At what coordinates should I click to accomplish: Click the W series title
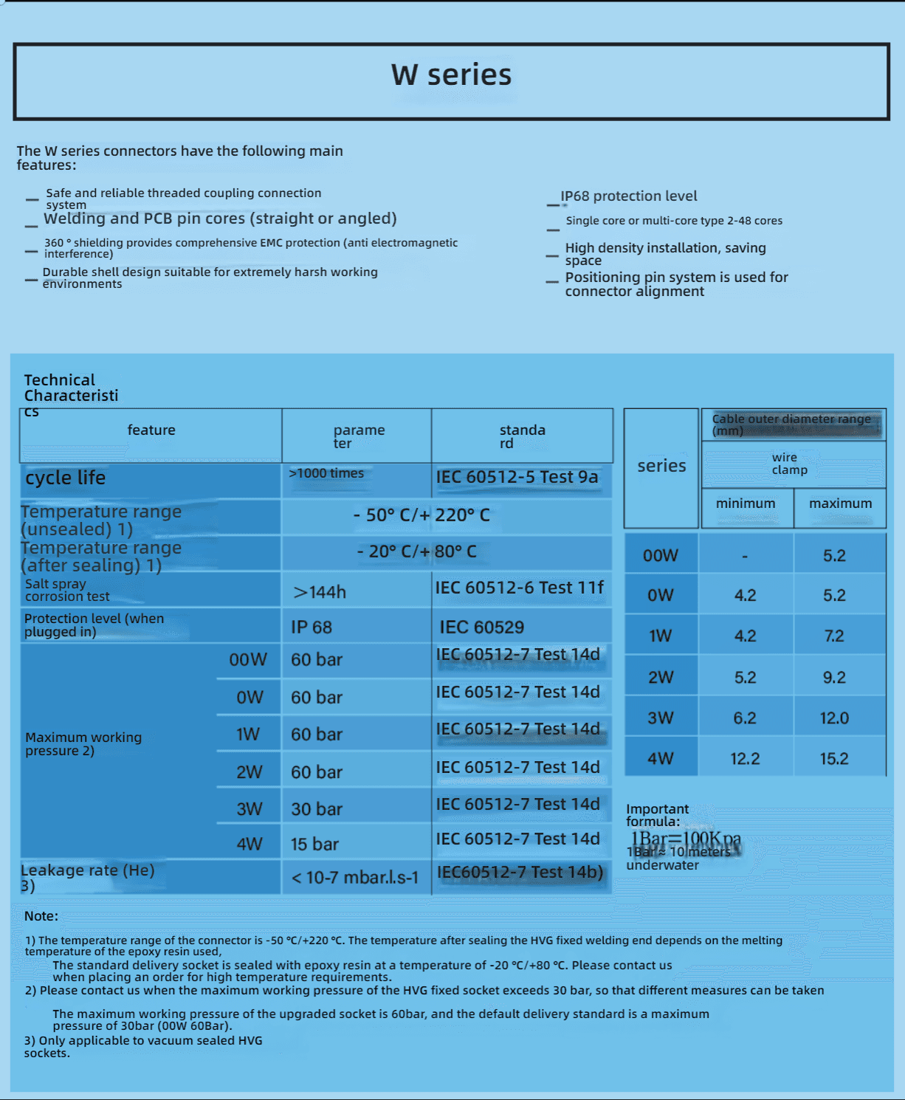[451, 75]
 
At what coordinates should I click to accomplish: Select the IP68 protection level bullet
[628, 196]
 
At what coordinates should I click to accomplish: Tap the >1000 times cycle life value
[326, 473]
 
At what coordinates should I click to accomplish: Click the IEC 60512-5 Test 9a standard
[517, 477]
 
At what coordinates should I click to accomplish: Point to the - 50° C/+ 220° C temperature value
[421, 515]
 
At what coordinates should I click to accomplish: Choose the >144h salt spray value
[320, 592]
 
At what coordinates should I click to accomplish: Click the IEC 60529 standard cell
[482, 628]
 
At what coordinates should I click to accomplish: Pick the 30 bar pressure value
[317, 809]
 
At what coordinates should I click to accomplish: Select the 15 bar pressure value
[314, 844]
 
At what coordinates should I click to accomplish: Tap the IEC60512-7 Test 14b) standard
[520, 873]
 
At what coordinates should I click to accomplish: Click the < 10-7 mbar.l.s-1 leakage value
[354, 878]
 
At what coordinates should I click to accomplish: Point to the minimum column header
[746, 503]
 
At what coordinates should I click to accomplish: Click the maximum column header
[840, 503]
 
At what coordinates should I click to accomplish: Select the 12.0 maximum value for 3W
[834, 718]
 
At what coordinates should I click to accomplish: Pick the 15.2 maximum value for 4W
[834, 759]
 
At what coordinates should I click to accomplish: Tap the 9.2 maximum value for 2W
[834, 678]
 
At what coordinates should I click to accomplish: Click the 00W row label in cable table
[660, 556]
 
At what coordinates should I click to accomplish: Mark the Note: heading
[41, 916]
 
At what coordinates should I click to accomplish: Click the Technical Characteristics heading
[71, 388]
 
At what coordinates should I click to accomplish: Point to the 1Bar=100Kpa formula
[685, 839]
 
